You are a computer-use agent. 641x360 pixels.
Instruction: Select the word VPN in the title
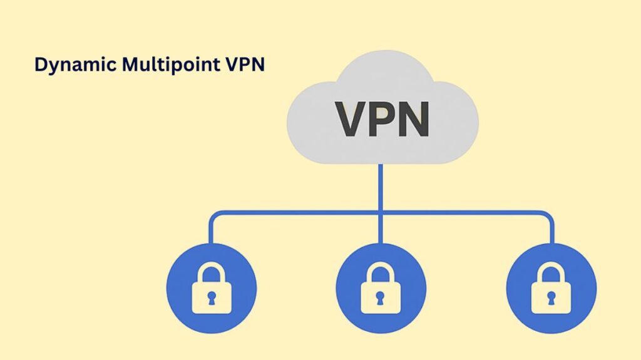tap(244, 65)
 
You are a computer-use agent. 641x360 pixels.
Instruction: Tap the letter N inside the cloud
tap(416, 120)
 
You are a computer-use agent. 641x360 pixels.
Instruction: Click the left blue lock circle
tap(211, 287)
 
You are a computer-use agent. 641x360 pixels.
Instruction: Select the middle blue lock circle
tap(381, 287)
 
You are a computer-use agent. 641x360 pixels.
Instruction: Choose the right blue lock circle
tap(551, 287)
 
